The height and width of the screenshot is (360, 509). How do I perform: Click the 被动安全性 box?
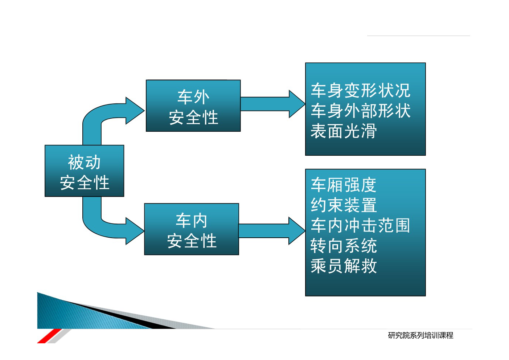tap(84, 171)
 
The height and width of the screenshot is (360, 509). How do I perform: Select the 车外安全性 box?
tap(193, 106)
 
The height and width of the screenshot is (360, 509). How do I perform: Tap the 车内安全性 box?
tap(192, 229)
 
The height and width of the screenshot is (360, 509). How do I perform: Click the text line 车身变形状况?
tap(361, 90)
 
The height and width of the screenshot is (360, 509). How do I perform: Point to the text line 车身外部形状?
tap(361, 111)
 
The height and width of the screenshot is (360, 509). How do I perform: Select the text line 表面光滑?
tap(344, 131)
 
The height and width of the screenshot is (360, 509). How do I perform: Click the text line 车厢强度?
tap(344, 185)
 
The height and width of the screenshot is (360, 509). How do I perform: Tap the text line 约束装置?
tap(344, 205)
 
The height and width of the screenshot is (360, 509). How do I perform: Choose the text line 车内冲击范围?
tap(361, 225)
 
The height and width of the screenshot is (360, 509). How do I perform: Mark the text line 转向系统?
tap(344, 246)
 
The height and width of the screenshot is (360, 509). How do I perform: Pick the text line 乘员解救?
tap(344, 266)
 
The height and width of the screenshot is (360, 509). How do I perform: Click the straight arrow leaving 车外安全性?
tap(273, 104)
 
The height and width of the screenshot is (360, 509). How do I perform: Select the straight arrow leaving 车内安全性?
tap(272, 231)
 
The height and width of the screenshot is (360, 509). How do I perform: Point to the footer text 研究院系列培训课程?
tap(420, 335)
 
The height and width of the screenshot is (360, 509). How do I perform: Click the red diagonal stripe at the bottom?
tap(49, 336)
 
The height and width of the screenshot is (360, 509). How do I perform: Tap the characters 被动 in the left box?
tap(84, 162)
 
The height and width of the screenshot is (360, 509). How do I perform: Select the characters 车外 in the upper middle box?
tap(193, 97)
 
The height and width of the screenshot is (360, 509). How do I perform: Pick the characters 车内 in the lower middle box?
tap(192, 221)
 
